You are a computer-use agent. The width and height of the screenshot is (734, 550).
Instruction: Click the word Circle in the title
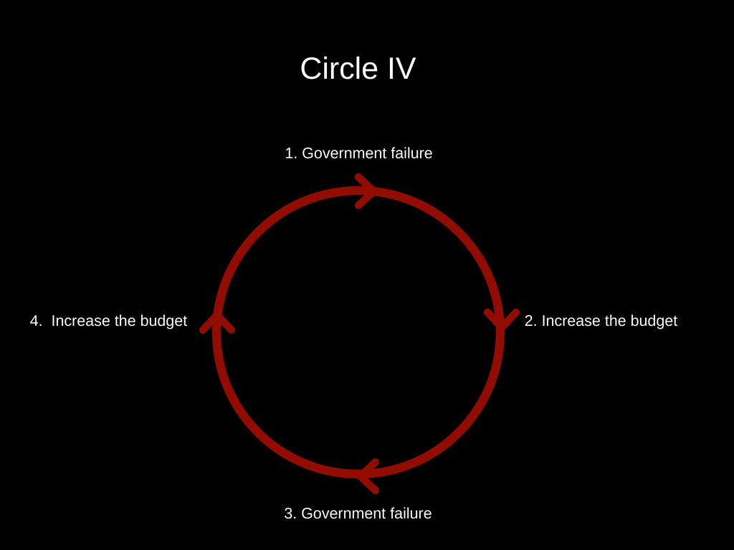[339, 69]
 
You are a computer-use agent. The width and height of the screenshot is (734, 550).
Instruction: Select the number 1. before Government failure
[290, 153]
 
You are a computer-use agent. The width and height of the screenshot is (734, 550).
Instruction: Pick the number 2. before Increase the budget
[530, 321]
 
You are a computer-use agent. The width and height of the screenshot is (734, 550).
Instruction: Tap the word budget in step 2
[654, 321]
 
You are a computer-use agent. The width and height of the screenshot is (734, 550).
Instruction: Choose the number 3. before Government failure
[290, 513]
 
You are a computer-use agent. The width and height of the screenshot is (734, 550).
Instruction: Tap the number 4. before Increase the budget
[37, 321]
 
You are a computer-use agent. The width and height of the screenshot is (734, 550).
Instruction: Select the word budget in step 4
[163, 321]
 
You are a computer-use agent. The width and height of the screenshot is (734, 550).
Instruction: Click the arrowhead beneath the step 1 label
[366, 191]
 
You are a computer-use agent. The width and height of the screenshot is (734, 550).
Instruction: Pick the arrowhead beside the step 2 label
[501, 319]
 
